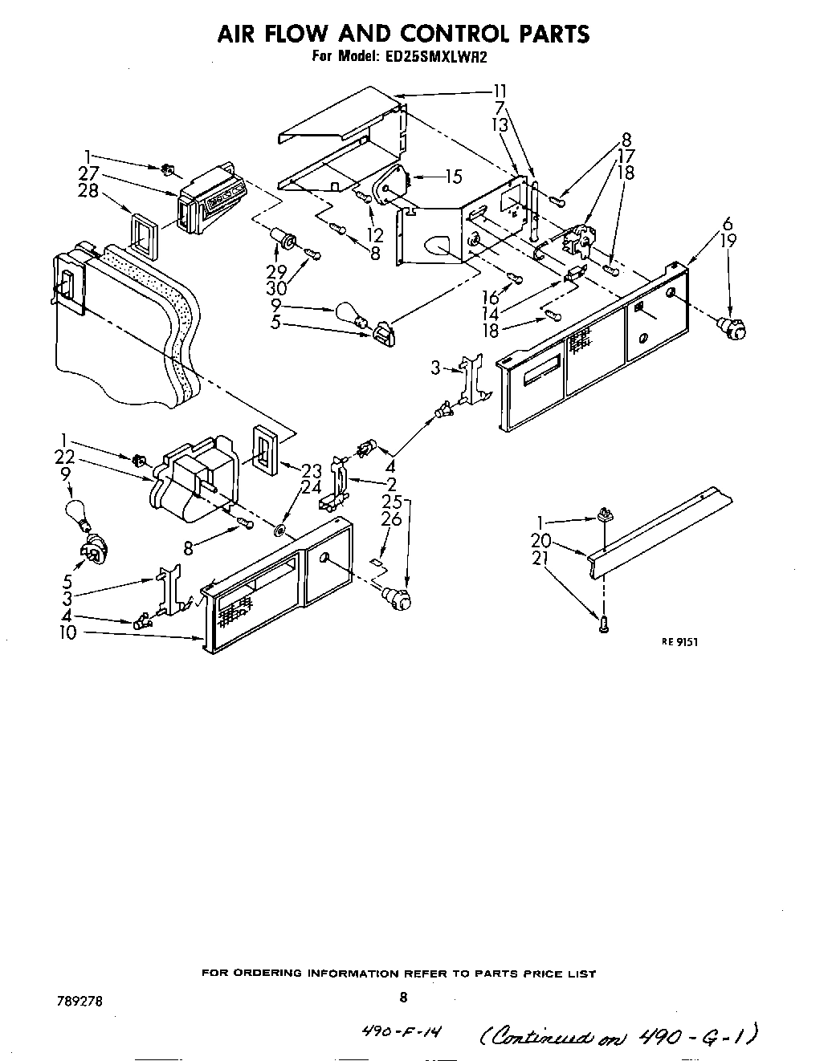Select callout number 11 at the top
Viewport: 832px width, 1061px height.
point(500,91)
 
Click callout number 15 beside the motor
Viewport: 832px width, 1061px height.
point(454,176)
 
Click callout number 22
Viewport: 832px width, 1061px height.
point(65,456)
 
